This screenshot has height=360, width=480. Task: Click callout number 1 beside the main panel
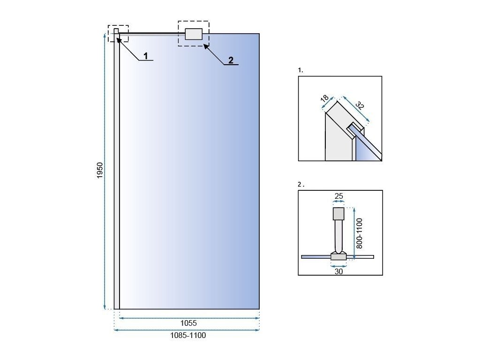coord(145,56)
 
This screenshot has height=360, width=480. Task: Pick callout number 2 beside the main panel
coord(230,60)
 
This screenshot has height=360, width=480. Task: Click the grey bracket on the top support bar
coord(194,34)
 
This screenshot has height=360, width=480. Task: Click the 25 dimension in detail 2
coord(338,195)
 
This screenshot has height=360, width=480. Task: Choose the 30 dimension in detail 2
coord(338,270)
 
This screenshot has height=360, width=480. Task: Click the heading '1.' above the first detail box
coord(300,70)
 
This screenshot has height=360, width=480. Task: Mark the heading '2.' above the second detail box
coord(301,184)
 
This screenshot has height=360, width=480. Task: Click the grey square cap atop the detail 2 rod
coord(338,214)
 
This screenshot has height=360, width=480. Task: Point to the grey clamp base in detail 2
coord(338,256)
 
